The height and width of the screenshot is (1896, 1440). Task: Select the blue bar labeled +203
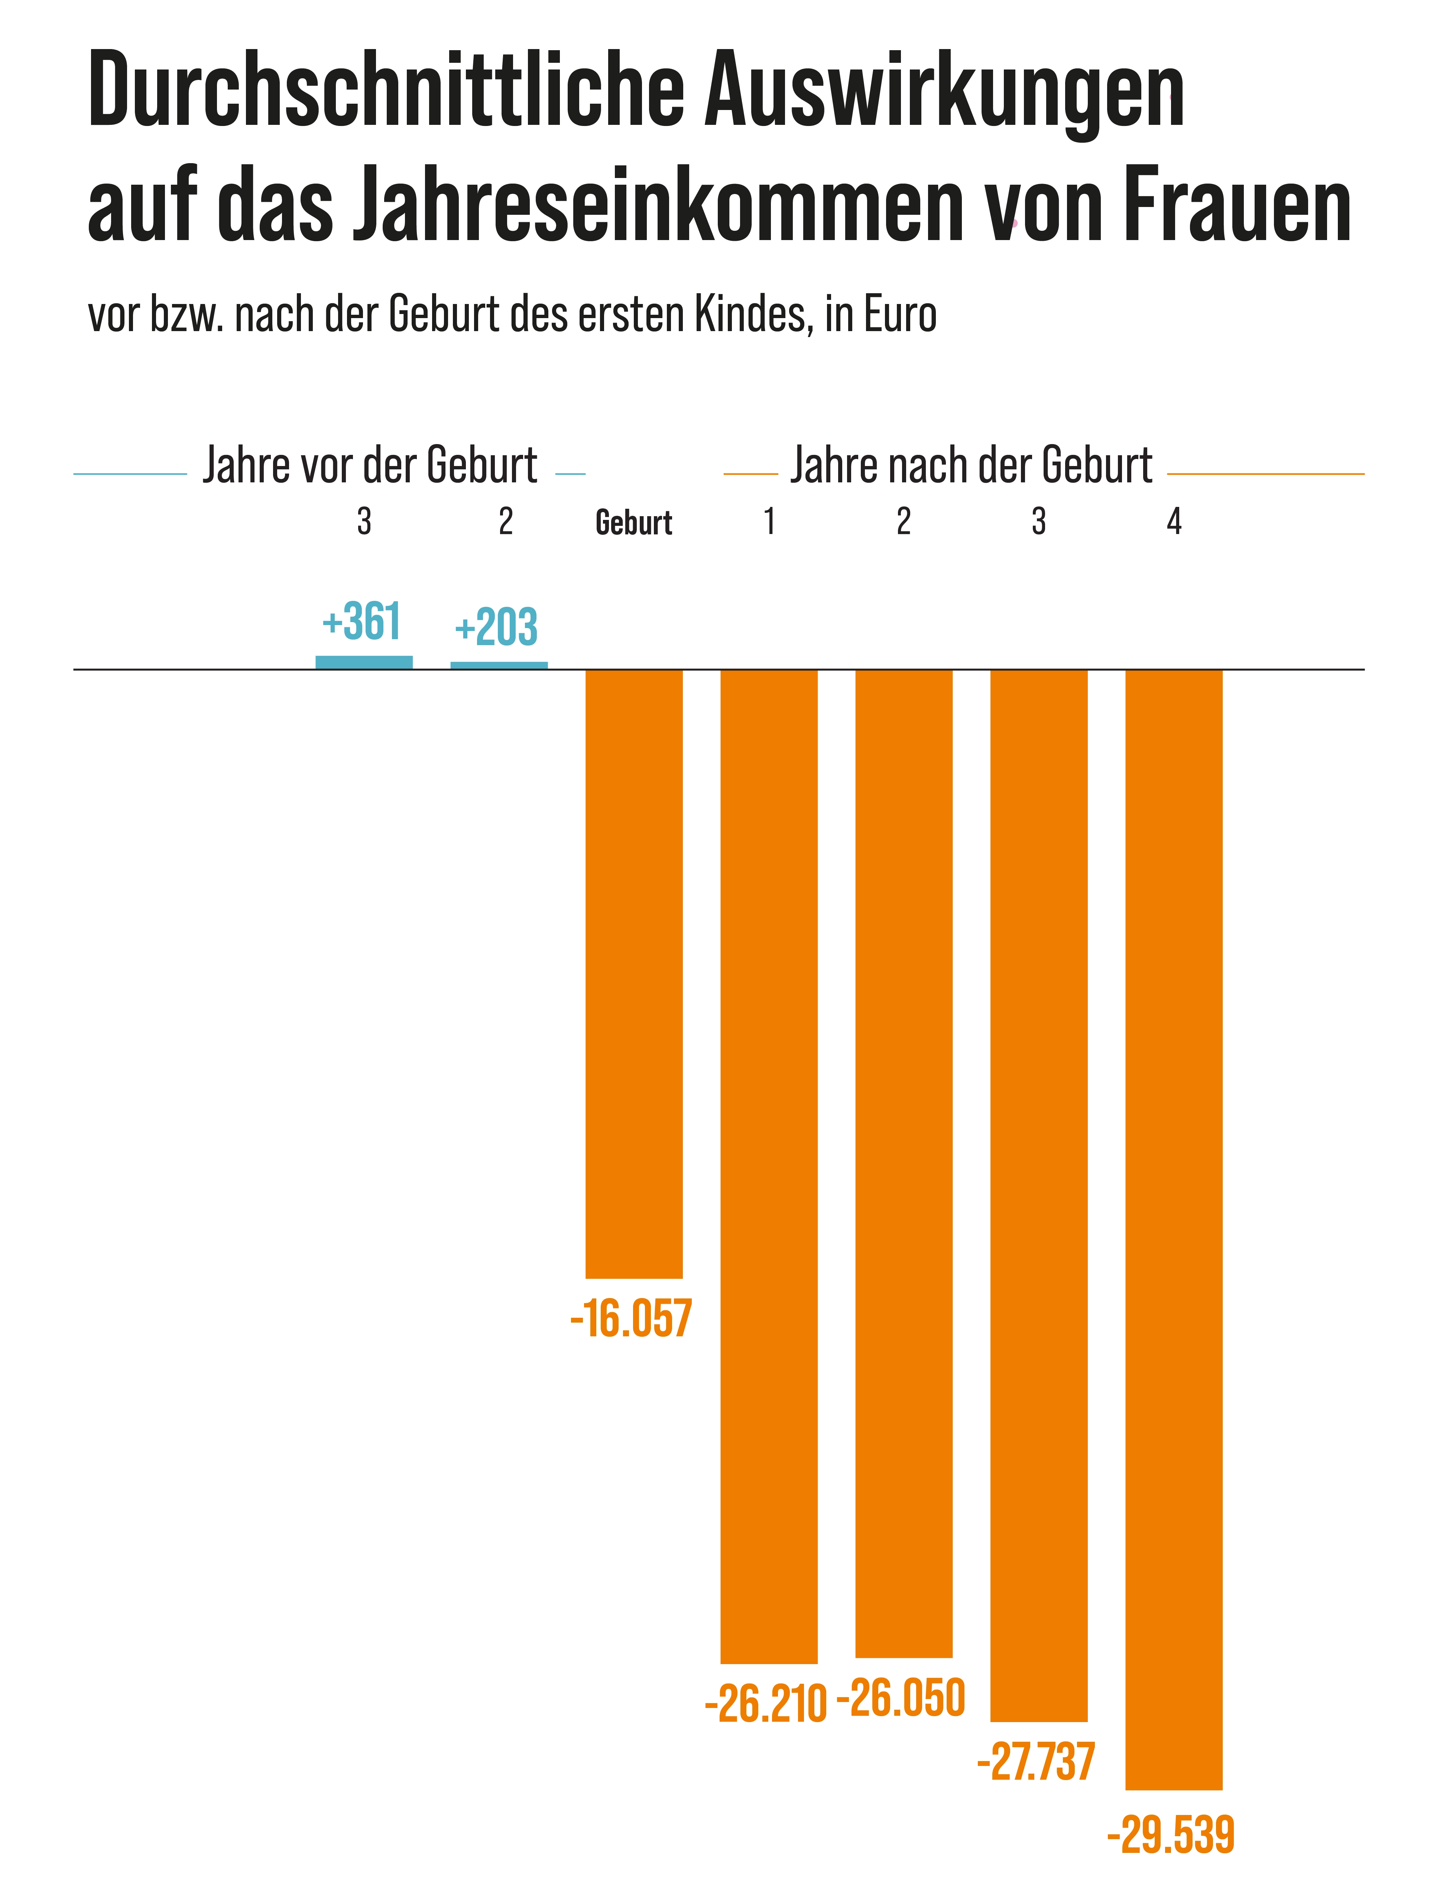(499, 665)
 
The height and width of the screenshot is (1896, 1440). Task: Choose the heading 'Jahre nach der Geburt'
(971, 465)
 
